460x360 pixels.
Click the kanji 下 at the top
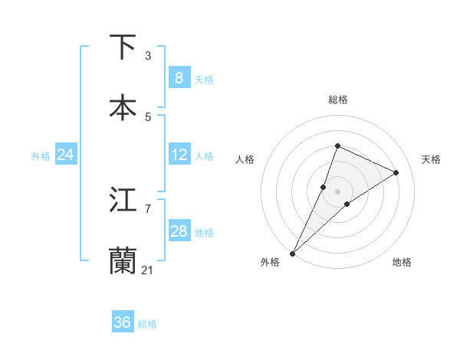[123, 47]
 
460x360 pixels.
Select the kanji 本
[123, 108]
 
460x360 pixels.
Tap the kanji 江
[123, 200]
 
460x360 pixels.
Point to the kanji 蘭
[123, 260]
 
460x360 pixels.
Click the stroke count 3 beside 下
[148, 55]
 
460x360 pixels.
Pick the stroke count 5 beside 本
[148, 116]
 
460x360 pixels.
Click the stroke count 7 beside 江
[148, 208]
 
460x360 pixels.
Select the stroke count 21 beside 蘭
[148, 269]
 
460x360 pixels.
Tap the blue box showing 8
[179, 78]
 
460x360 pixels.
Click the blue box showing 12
[179, 155]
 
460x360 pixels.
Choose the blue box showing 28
[179, 231]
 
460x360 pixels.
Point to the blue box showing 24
[65, 155]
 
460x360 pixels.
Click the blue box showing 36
[123, 322]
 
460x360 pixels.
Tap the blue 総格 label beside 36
[147, 324]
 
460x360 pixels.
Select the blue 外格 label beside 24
[41, 156]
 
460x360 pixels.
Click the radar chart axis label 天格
[431, 159]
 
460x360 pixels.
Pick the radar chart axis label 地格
[402, 263]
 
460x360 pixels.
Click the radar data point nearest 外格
[293, 253]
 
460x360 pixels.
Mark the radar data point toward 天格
[396, 172]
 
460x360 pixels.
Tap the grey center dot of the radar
[337, 191]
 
